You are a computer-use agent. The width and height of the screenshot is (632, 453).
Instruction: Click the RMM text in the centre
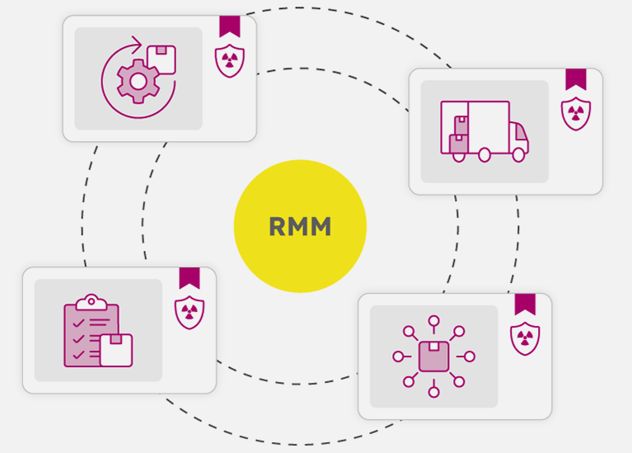click(300, 227)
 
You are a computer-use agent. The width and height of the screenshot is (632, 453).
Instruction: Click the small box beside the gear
click(161, 59)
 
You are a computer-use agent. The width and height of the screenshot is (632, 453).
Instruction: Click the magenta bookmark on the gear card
click(229, 26)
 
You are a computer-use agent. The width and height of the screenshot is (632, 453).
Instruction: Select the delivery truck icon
click(484, 130)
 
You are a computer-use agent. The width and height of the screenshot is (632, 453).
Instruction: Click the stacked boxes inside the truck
click(459, 136)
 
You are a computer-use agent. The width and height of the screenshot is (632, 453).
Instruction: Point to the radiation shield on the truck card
click(575, 113)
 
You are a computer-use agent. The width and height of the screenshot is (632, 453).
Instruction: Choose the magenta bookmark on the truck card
click(575, 78)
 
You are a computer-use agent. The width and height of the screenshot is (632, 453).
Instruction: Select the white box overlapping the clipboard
click(115, 350)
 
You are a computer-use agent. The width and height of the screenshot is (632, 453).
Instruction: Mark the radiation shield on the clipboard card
click(189, 312)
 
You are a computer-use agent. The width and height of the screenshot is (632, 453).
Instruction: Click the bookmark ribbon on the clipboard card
click(189, 277)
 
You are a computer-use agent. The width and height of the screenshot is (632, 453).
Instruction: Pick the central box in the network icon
click(433, 356)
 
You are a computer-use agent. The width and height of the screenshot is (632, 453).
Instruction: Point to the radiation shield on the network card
click(525, 338)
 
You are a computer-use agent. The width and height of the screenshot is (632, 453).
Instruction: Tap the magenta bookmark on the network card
click(525, 304)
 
